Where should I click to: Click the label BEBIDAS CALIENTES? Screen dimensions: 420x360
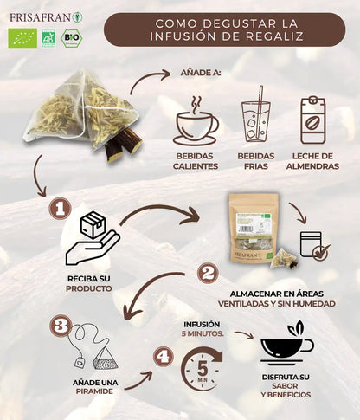[x=195, y=161]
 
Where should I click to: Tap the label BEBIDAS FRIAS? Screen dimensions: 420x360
[x=255, y=161]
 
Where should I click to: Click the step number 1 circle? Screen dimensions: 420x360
[x=59, y=209]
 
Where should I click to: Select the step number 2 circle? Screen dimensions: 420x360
[x=207, y=274]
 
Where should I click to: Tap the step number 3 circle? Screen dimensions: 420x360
[x=59, y=326]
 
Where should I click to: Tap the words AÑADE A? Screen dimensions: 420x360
[x=200, y=74]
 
